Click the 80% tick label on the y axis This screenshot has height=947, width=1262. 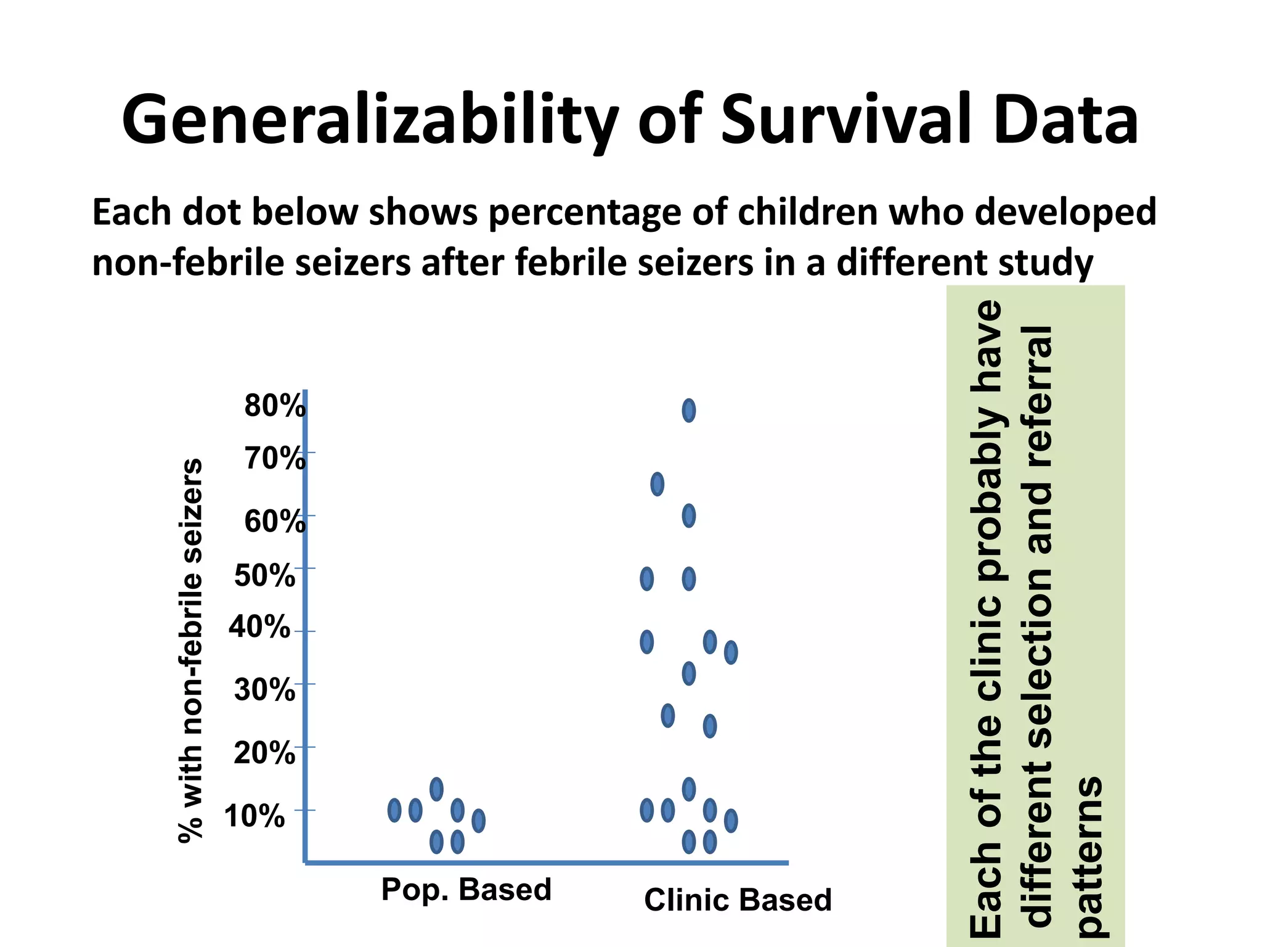(275, 406)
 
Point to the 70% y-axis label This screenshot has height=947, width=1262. (275, 459)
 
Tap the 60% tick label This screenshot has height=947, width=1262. (275, 522)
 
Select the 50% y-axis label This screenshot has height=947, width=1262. (264, 576)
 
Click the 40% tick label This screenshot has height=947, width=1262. (259, 628)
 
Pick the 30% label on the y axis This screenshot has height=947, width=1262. (264, 690)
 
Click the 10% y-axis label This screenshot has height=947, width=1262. (254, 816)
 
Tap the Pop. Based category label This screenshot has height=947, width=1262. (466, 890)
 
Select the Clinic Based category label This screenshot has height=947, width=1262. (738, 900)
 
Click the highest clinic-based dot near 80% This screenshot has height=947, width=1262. (689, 411)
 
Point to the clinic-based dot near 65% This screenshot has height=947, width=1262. (657, 484)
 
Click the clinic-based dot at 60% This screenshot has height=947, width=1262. (689, 516)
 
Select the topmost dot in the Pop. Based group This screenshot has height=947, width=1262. (436, 789)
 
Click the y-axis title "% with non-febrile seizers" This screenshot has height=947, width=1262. (190, 650)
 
